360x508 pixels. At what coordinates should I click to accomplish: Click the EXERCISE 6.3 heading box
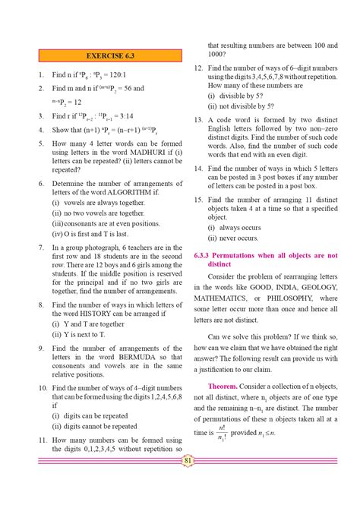pyautogui.click(x=108, y=56)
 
